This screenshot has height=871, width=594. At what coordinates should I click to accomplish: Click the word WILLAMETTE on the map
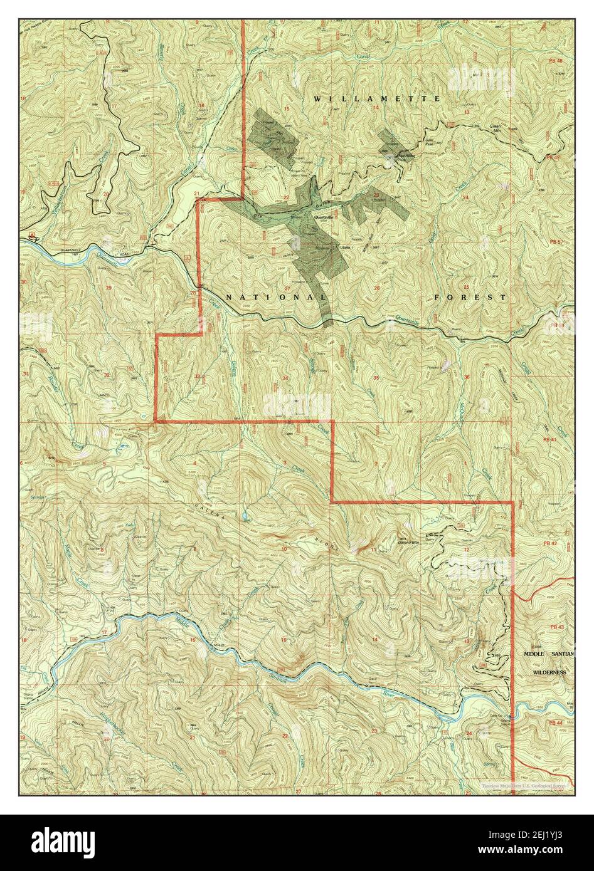pyautogui.click(x=377, y=99)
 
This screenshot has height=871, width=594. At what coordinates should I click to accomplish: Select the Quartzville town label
pyautogui.click(x=327, y=215)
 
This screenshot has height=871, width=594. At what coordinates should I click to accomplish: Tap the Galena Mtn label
pyautogui.click(x=408, y=543)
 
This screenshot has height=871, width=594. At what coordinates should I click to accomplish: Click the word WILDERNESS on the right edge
pyautogui.click(x=549, y=672)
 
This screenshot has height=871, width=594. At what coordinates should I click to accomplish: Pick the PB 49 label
pyautogui.click(x=553, y=157)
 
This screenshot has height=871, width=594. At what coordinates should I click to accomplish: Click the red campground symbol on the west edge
pyautogui.click(x=31, y=236)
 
